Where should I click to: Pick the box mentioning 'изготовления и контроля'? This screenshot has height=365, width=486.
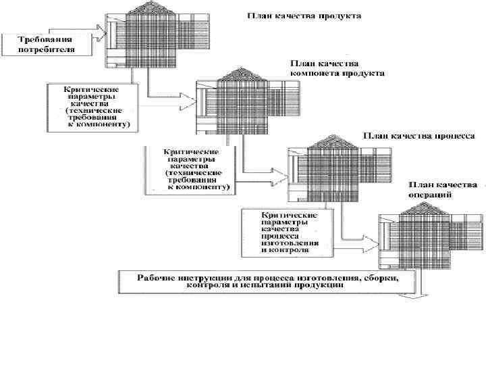(287, 231)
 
